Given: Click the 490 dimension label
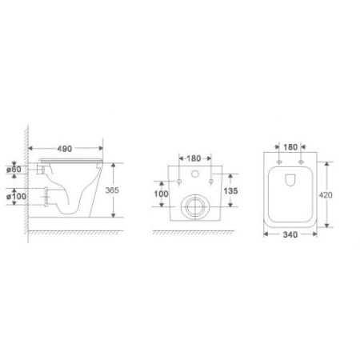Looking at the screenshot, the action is pyautogui.click(x=65, y=149).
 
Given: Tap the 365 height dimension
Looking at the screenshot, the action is pyautogui.click(x=112, y=190).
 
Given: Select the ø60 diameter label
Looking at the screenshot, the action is pyautogui.click(x=14, y=169).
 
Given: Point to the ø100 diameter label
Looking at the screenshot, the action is pyautogui.click(x=16, y=196).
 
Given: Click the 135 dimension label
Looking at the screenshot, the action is pyautogui.click(x=230, y=191).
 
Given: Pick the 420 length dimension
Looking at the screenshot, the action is pyautogui.click(x=326, y=195).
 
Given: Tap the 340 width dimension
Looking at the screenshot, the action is pyautogui.click(x=290, y=234).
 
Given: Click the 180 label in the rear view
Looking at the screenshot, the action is pyautogui.click(x=194, y=158).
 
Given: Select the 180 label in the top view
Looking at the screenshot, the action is pyautogui.click(x=290, y=147).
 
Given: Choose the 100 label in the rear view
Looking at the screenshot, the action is pyautogui.click(x=161, y=194).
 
